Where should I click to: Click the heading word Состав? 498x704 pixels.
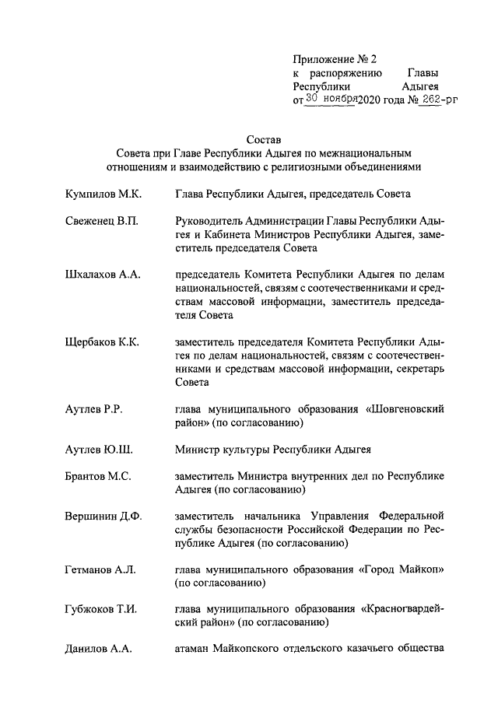[x=263, y=138]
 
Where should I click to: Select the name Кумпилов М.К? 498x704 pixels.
[x=102, y=193]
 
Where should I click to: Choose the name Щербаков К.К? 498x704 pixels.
[x=103, y=343]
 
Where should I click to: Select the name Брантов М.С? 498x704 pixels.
[x=98, y=477]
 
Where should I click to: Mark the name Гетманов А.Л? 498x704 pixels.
[x=100, y=570]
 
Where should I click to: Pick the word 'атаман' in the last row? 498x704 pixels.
[x=194, y=649]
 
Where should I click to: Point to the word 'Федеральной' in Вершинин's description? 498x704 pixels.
[x=411, y=516]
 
